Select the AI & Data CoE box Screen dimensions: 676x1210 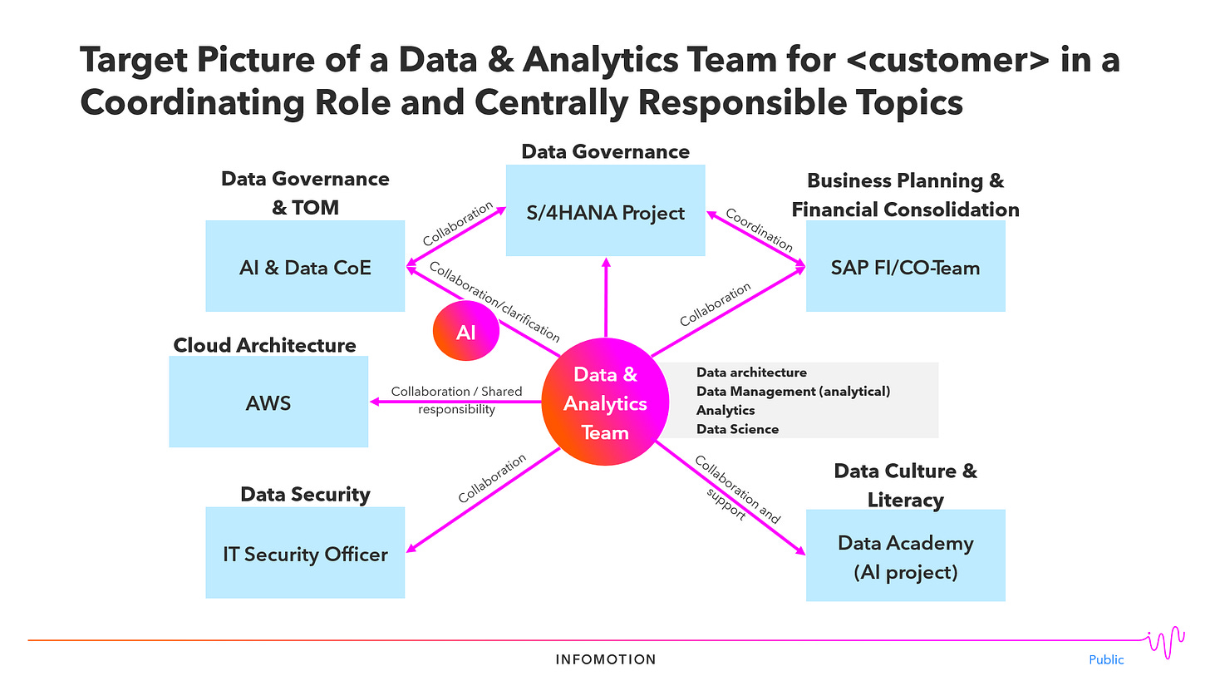click(305, 267)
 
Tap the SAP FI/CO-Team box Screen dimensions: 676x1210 click(905, 267)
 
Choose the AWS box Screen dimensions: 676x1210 click(268, 403)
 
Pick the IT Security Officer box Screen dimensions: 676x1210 click(305, 553)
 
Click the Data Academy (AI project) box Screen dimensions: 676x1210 click(905, 556)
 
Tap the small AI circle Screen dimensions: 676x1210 click(466, 332)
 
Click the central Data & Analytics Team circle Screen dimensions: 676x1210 click(606, 403)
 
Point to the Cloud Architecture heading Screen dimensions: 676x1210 click(264, 345)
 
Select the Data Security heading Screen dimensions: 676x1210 click(305, 494)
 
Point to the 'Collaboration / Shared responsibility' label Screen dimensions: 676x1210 click(456, 400)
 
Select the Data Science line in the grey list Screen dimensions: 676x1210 click(737, 429)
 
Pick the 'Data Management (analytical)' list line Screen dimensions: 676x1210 click(793, 391)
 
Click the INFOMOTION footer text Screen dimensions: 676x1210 click(606, 659)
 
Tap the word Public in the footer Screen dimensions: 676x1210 click(1106, 659)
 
